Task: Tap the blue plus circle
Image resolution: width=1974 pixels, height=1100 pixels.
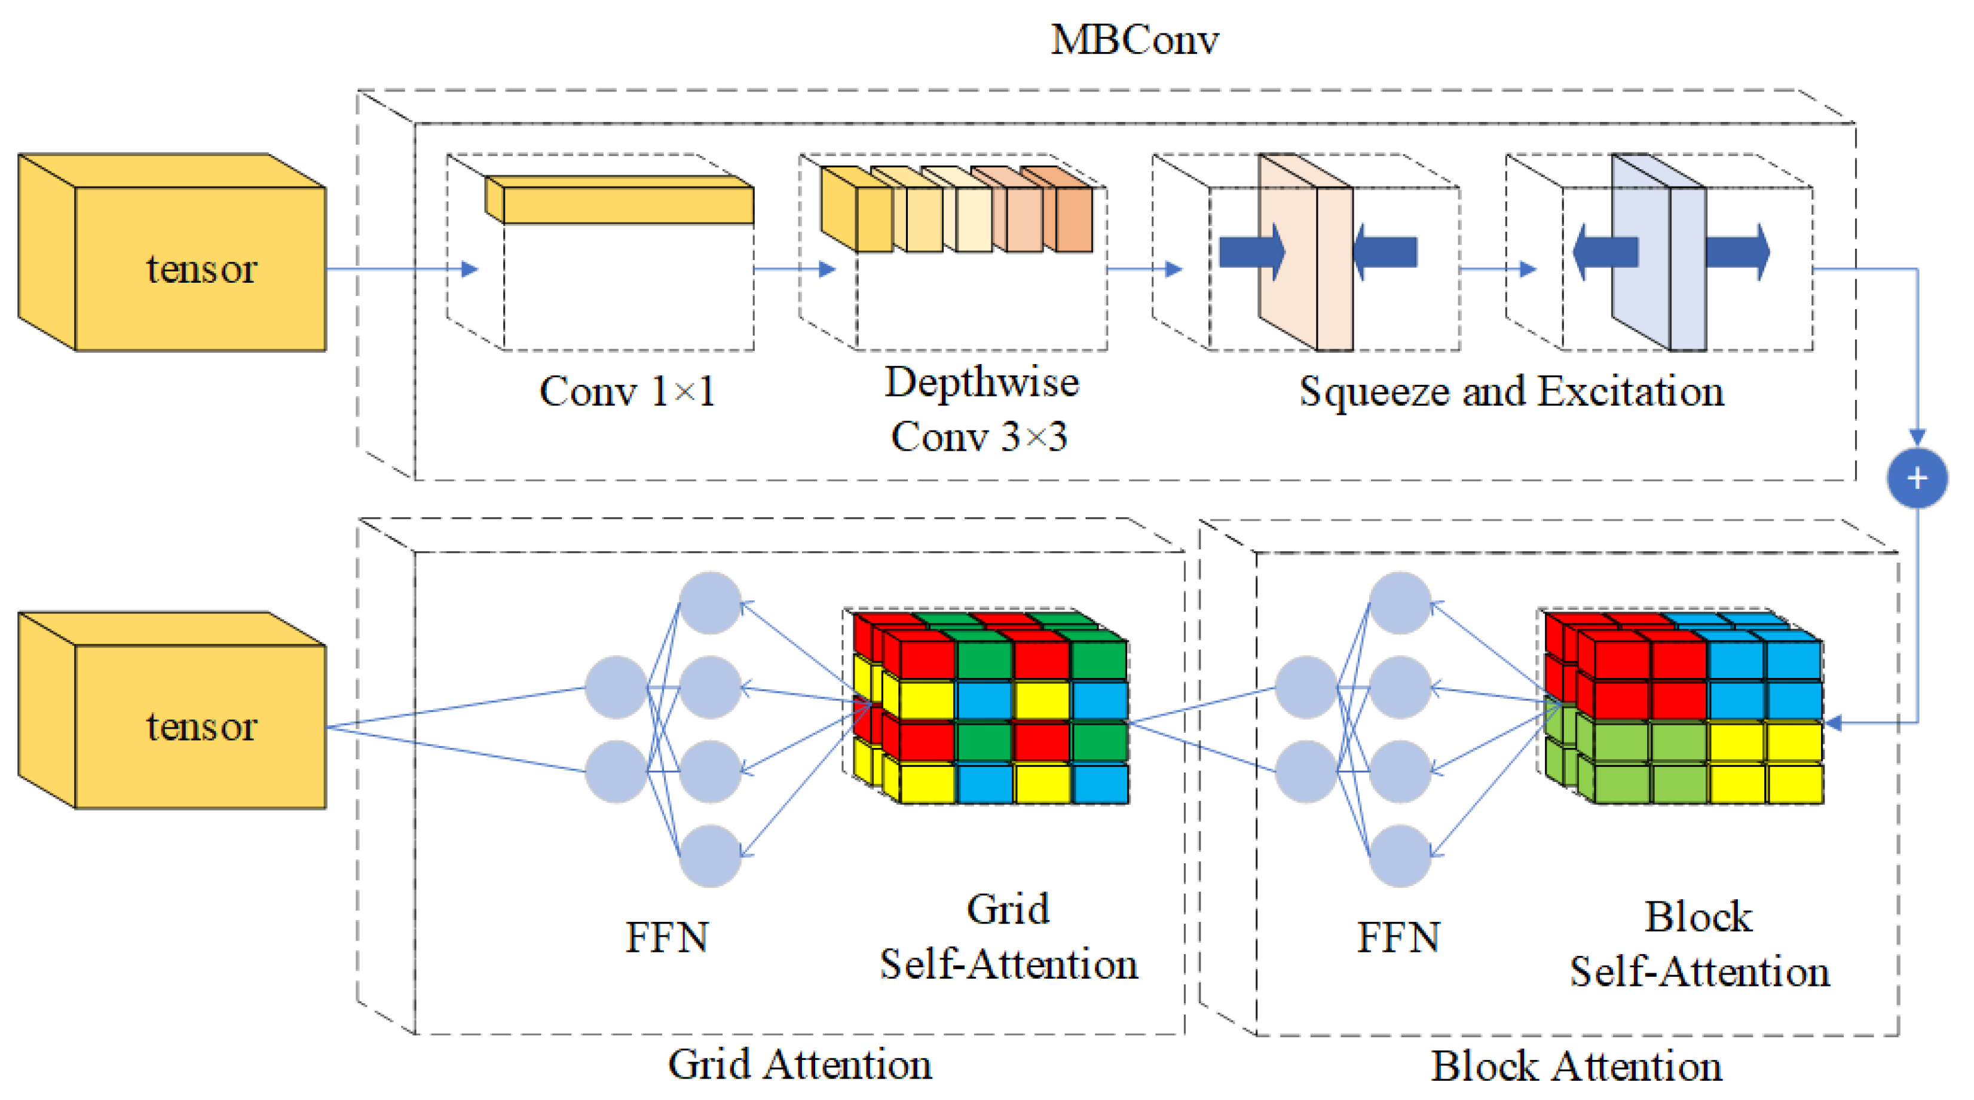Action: pos(1916,478)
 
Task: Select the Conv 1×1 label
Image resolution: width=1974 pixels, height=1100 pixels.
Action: pos(627,391)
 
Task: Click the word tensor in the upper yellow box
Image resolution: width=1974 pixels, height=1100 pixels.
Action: pos(201,269)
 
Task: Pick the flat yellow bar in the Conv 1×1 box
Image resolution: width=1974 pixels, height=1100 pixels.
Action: pos(627,204)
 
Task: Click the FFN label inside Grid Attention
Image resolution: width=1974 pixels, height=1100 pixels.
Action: pos(667,937)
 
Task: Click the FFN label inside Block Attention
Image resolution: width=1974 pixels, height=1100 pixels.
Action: pos(1398,937)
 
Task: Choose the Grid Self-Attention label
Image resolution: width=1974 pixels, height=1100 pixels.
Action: pos(1008,937)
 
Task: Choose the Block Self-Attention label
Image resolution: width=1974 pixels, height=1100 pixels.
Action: pos(1699,945)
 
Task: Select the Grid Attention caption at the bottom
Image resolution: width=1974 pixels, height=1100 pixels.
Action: pos(799,1064)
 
